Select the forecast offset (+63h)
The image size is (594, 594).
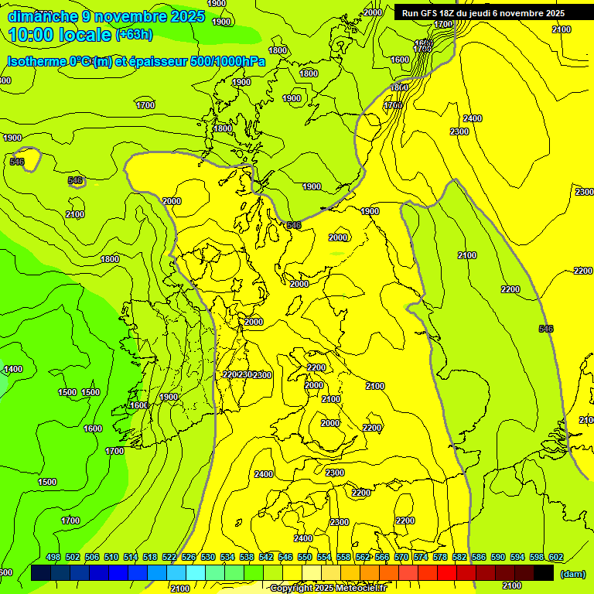coord(134,35)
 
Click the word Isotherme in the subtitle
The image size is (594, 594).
coord(35,62)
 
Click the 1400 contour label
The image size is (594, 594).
coord(13,370)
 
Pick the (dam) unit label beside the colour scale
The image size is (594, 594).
coord(572,574)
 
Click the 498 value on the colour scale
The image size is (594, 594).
coord(53,557)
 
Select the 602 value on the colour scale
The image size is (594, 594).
coord(556,557)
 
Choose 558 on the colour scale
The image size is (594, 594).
coord(343,557)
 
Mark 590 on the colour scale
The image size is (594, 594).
coord(498,557)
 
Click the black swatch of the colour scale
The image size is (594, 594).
coord(544,573)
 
